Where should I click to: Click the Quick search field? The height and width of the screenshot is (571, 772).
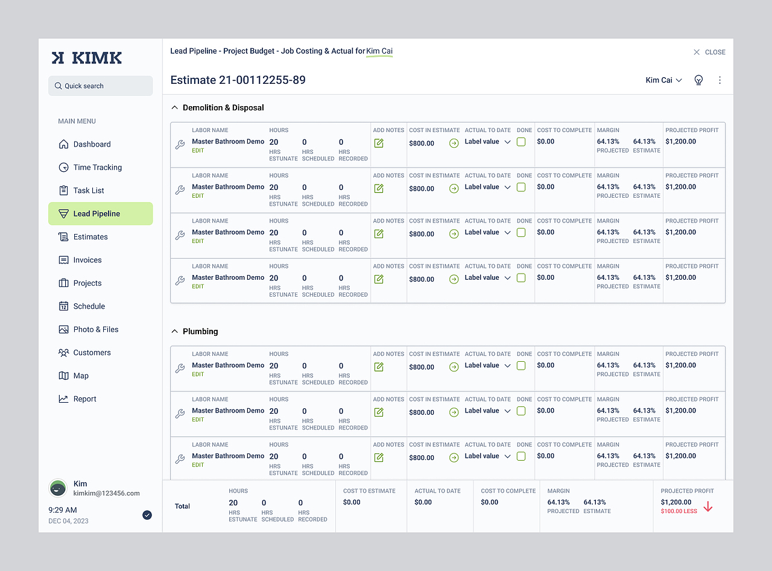[100, 86]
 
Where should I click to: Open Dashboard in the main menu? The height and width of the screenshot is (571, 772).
[92, 144]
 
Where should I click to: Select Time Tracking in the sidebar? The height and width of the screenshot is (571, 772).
[97, 167]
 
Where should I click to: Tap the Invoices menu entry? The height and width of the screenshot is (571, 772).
[87, 260]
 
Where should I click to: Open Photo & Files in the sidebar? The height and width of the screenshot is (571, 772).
[95, 329]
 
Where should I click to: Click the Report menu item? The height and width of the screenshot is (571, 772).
[84, 399]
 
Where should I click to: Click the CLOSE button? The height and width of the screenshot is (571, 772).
[709, 52]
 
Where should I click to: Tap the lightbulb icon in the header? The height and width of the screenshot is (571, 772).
[698, 80]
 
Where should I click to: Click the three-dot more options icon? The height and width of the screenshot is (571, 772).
[720, 80]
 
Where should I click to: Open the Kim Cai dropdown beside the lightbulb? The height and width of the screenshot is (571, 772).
[663, 80]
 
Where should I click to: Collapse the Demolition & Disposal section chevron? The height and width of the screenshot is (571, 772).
[175, 108]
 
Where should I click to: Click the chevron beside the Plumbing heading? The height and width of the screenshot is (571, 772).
[175, 332]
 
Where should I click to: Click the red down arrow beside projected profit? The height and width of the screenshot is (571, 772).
[708, 507]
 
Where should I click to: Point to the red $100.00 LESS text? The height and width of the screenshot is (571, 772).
[679, 511]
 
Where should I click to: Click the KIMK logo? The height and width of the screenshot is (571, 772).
[87, 58]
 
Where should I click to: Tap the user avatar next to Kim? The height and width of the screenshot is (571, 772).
[58, 488]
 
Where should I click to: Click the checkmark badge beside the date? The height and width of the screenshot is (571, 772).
[147, 515]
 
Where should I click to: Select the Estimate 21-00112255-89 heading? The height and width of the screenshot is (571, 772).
[238, 80]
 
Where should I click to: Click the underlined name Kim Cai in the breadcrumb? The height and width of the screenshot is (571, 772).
[379, 51]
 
